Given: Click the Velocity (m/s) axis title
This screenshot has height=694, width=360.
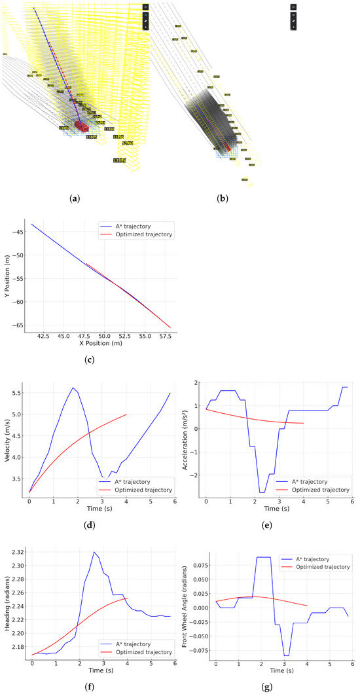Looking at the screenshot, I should click(7, 436).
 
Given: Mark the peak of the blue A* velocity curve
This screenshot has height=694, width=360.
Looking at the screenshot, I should click(73, 388).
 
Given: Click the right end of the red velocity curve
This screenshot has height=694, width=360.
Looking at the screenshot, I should click(126, 414).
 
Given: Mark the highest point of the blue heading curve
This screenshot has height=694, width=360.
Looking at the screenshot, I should click(95, 552).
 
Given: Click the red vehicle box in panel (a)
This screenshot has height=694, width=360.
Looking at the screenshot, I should click(81, 124).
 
